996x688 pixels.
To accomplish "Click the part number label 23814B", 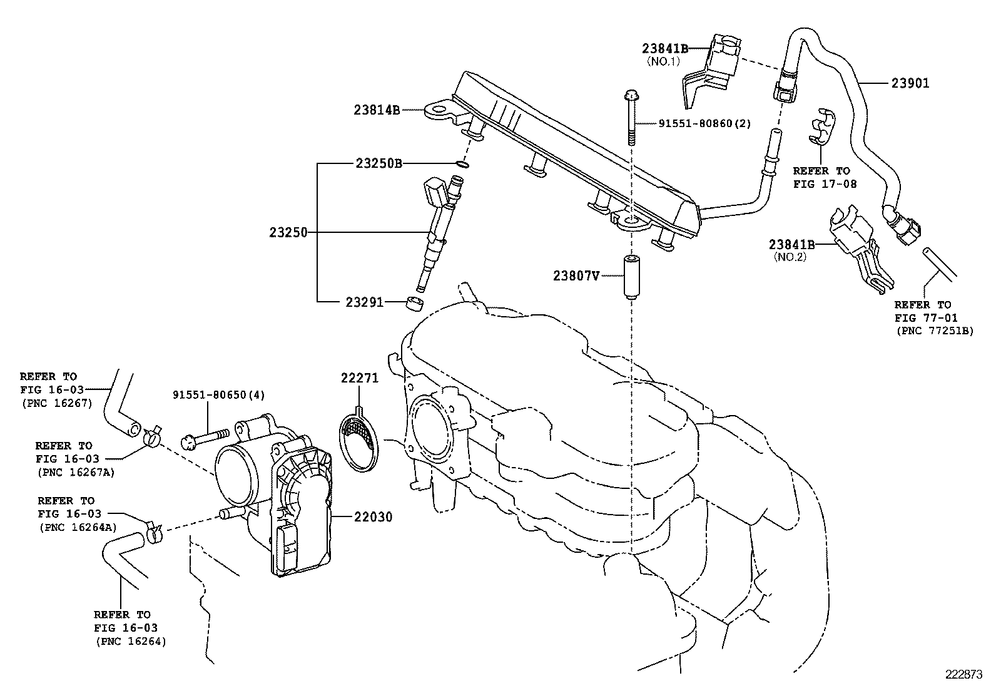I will [377, 110].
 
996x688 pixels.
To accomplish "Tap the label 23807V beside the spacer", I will [576, 275].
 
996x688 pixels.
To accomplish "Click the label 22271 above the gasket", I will [359, 377].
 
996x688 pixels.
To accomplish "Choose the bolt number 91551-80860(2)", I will [704, 123].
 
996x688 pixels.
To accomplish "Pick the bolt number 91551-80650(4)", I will [219, 395].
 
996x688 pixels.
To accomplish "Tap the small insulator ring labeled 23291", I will [414, 304].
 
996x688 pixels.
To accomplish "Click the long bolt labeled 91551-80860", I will [629, 119].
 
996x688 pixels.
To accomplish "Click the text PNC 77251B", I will [934, 331].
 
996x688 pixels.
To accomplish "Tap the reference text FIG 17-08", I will [825, 184].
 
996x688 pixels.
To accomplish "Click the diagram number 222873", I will [967, 675].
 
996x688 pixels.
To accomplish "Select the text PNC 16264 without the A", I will [131, 641].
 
